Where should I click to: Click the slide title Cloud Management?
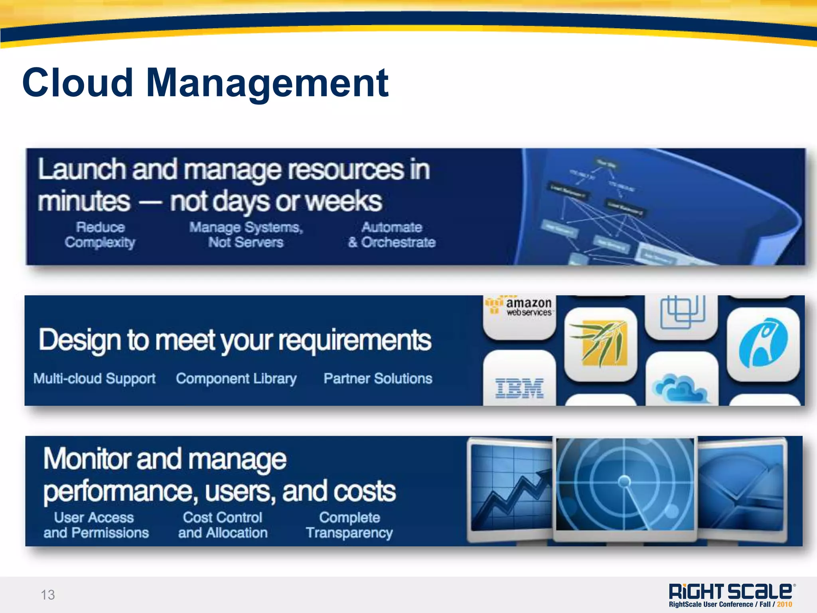[x=205, y=83]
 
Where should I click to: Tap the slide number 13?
[x=48, y=595]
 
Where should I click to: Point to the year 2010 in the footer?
[x=784, y=605]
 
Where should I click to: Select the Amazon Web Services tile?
[x=519, y=315]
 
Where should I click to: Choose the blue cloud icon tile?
[x=681, y=383]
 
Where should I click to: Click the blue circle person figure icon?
[x=763, y=343]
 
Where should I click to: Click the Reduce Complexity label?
[x=100, y=235]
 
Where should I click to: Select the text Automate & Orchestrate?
[x=392, y=235]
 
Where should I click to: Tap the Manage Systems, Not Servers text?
[x=246, y=235]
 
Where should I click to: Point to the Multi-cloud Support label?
[x=95, y=379]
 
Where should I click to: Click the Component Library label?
[x=236, y=379]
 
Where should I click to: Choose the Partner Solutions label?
[x=378, y=379]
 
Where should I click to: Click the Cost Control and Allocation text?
[x=223, y=525]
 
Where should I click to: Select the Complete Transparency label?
[x=349, y=525]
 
